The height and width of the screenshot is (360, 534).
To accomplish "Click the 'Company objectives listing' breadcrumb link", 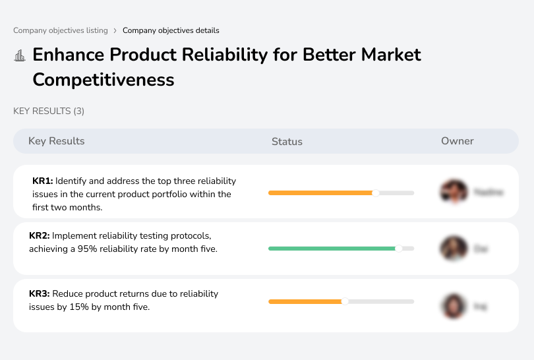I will (60, 30).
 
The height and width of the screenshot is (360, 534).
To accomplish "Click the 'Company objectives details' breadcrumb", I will (171, 30).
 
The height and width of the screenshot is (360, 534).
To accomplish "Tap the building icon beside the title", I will (20, 55).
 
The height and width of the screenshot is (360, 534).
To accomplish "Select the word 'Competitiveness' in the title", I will (104, 80).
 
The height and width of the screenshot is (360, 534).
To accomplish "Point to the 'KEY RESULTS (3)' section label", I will (49, 111).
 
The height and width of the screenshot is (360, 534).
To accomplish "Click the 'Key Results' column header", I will (56, 141).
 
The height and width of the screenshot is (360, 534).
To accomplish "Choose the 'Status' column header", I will (287, 141).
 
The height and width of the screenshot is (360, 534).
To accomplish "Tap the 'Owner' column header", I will (457, 141).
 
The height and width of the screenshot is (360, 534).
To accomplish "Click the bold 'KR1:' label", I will (43, 181).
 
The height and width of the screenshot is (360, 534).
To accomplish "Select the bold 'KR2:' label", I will (40, 235).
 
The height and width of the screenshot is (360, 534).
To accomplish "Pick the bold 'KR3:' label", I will (40, 293).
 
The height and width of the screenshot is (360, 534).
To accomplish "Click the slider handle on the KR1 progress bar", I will (376, 193).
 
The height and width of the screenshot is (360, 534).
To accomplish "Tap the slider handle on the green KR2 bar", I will (398, 249).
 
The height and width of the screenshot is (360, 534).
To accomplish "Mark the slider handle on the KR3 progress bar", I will (344, 301).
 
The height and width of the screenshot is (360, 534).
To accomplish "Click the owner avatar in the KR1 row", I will (454, 192).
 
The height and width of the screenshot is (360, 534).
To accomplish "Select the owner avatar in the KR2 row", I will (454, 249).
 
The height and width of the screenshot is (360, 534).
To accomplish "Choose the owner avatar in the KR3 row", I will (454, 306).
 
